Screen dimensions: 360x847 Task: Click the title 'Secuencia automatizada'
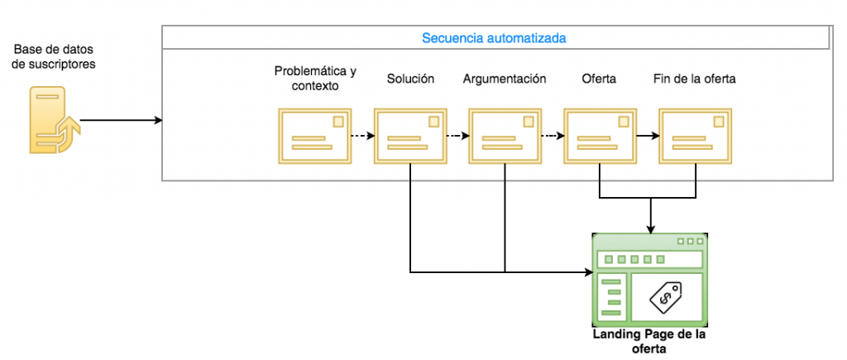click(x=494, y=38)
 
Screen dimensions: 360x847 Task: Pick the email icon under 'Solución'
click(x=409, y=135)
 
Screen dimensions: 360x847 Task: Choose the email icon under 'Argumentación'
click(x=505, y=135)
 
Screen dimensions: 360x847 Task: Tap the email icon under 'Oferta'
click(x=599, y=135)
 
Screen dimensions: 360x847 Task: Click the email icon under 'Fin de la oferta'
click(x=695, y=135)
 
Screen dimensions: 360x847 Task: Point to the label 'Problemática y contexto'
click(x=315, y=78)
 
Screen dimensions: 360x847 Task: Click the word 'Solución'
click(x=410, y=79)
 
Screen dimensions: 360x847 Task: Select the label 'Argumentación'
click(x=505, y=79)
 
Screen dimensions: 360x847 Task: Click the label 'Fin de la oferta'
click(x=695, y=79)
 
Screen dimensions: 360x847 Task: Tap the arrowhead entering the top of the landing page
click(x=653, y=229)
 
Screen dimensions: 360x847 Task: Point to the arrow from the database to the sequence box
click(x=120, y=121)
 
